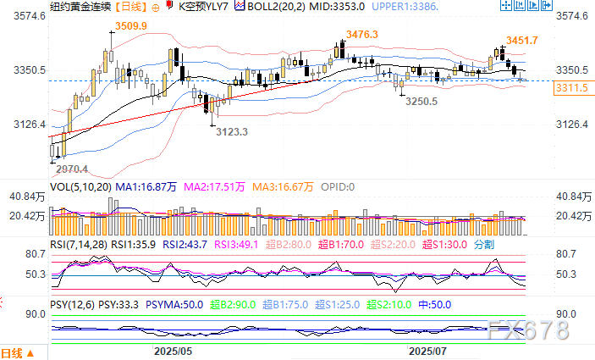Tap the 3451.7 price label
(x=522, y=41)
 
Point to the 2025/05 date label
(x=174, y=350)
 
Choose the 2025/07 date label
(x=428, y=350)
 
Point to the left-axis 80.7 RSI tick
(x=35, y=255)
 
